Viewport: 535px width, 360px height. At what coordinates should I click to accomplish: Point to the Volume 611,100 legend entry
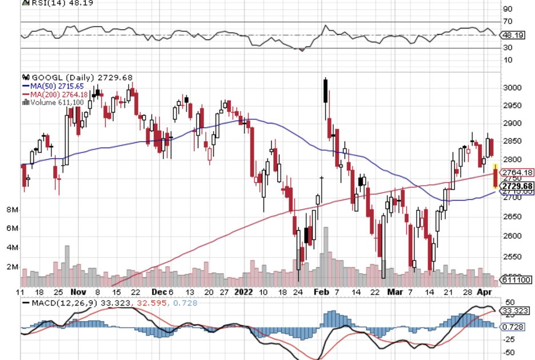[x=55, y=102]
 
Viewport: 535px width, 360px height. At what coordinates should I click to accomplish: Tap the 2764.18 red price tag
[x=516, y=173]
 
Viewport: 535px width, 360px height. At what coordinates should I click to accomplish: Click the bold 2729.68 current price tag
[x=517, y=186]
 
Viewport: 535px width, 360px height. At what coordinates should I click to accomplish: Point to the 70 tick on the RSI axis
[x=507, y=22]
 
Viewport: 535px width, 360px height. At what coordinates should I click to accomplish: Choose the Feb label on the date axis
[x=322, y=291]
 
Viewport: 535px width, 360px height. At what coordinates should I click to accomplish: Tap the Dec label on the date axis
[x=159, y=291]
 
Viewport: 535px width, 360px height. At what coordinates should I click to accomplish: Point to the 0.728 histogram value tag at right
[x=512, y=327]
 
